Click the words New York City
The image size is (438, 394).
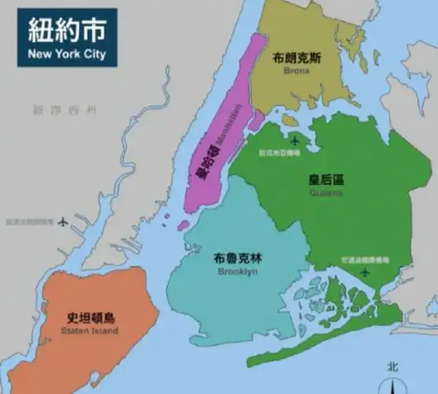tap(67, 55)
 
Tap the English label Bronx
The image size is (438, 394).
tap(297, 70)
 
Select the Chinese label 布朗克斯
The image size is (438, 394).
tap(297, 58)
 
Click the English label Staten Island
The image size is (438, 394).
tap(89, 331)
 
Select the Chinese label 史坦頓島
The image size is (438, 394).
tap(90, 318)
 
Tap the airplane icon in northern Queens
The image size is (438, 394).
tap(295, 141)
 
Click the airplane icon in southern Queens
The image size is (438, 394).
tap(364, 272)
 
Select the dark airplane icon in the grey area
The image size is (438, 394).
tap(63, 221)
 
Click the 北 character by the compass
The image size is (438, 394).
tap(393, 366)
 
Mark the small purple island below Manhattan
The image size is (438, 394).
tap(183, 225)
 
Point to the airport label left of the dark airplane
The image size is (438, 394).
tap(30, 222)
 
